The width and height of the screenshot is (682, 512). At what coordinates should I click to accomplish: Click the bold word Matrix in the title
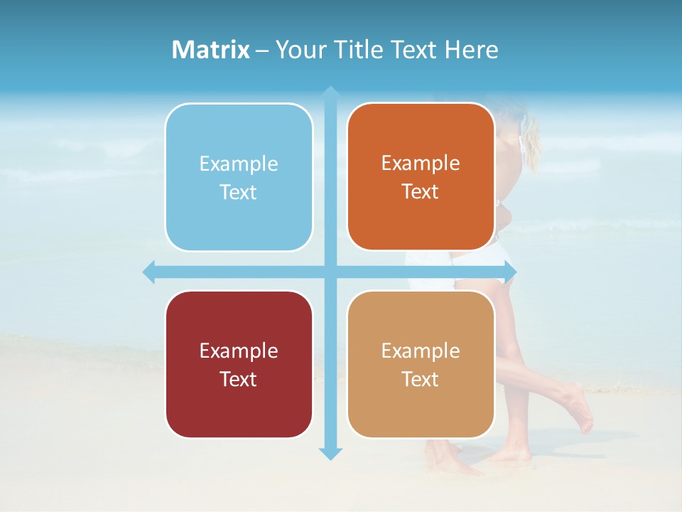pyautogui.click(x=211, y=50)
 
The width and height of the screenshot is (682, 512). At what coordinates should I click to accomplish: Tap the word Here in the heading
pyautogui.click(x=471, y=50)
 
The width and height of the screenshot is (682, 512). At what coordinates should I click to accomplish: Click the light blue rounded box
pyautogui.click(x=239, y=177)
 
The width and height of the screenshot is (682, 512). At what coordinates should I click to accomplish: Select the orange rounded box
pyautogui.click(x=421, y=176)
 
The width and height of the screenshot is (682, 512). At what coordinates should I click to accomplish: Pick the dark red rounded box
pyautogui.click(x=239, y=364)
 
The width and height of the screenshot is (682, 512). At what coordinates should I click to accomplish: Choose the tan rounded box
pyautogui.click(x=421, y=364)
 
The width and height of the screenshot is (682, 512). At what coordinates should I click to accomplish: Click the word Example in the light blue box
pyautogui.click(x=239, y=164)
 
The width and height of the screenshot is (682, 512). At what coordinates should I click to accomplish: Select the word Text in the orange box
pyautogui.click(x=421, y=192)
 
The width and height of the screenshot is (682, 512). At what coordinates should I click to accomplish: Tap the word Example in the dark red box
pyautogui.click(x=239, y=351)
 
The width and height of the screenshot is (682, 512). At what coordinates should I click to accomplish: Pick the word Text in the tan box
pyautogui.click(x=421, y=380)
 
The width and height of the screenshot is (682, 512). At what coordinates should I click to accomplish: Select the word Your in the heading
pyautogui.click(x=299, y=50)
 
